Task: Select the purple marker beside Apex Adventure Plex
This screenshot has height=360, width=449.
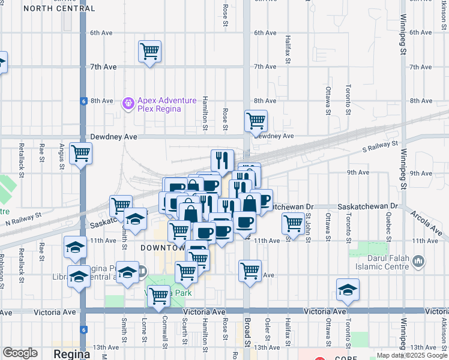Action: tap(127, 104)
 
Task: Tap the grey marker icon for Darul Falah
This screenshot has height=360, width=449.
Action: tap(419, 261)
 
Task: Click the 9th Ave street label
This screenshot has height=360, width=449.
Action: tap(358, 173)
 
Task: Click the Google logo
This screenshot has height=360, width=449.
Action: tap(20, 353)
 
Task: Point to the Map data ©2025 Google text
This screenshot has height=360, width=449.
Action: tap(411, 355)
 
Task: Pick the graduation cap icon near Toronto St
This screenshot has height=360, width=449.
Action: tap(348, 290)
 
